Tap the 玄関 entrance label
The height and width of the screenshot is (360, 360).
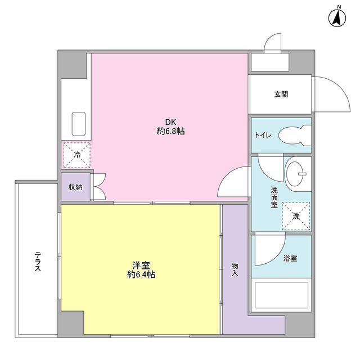[x=281, y=94]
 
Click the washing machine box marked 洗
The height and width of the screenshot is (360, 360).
[x=296, y=216]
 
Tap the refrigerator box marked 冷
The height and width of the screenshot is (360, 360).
[x=75, y=154]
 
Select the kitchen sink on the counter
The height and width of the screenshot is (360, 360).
[x=78, y=123]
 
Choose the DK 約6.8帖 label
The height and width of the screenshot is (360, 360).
[x=171, y=127]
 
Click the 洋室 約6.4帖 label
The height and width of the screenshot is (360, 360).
[x=141, y=270]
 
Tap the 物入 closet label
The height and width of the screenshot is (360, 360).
[x=235, y=269]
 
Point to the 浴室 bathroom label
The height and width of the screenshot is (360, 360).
[x=290, y=258]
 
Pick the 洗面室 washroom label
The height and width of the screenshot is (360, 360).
[x=274, y=197]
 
